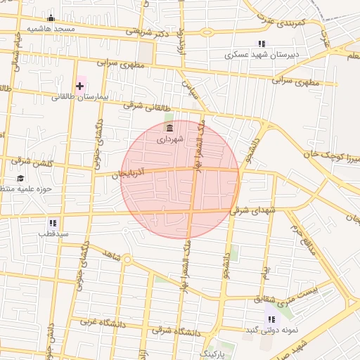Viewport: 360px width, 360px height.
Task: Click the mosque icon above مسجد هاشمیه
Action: pyautogui.click(x=50, y=18)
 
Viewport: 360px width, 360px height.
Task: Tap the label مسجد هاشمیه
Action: pyautogui.click(x=50, y=29)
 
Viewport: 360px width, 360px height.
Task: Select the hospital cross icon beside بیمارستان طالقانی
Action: pyautogui.click(x=79, y=86)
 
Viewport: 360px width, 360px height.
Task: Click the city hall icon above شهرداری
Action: pyautogui.click(x=169, y=127)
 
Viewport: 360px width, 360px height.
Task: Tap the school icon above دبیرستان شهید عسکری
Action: pyautogui.click(x=262, y=44)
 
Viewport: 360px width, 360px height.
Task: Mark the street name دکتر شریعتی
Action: pyautogui.click(x=148, y=32)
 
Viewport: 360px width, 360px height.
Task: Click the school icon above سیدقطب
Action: pyautogui.click(x=53, y=223)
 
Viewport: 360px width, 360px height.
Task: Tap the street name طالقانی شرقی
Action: pyautogui.click(x=147, y=107)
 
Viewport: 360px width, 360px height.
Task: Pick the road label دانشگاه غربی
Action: pyautogui.click(x=96, y=322)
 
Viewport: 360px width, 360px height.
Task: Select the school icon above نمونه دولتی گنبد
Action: pyautogui.click(x=271, y=320)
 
